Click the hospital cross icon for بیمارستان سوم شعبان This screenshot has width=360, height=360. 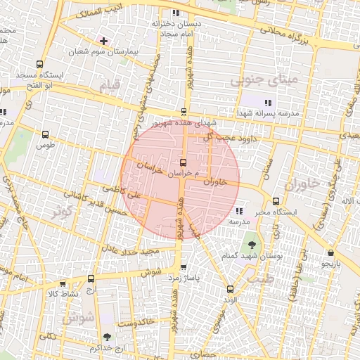tap(104, 41)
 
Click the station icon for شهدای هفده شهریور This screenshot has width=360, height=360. tap(184, 112)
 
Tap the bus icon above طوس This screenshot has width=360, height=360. tap(46, 134)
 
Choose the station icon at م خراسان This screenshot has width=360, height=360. tap(184, 162)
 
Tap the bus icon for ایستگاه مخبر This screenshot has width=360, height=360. tap(276, 201)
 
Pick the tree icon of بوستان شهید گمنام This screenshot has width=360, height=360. tap(252, 245)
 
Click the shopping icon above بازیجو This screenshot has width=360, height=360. tap(330, 253)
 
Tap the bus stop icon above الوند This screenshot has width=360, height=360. tap(230, 289)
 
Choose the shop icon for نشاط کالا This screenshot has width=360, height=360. tap(63, 283)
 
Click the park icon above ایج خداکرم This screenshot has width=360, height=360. tap(106, 337)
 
